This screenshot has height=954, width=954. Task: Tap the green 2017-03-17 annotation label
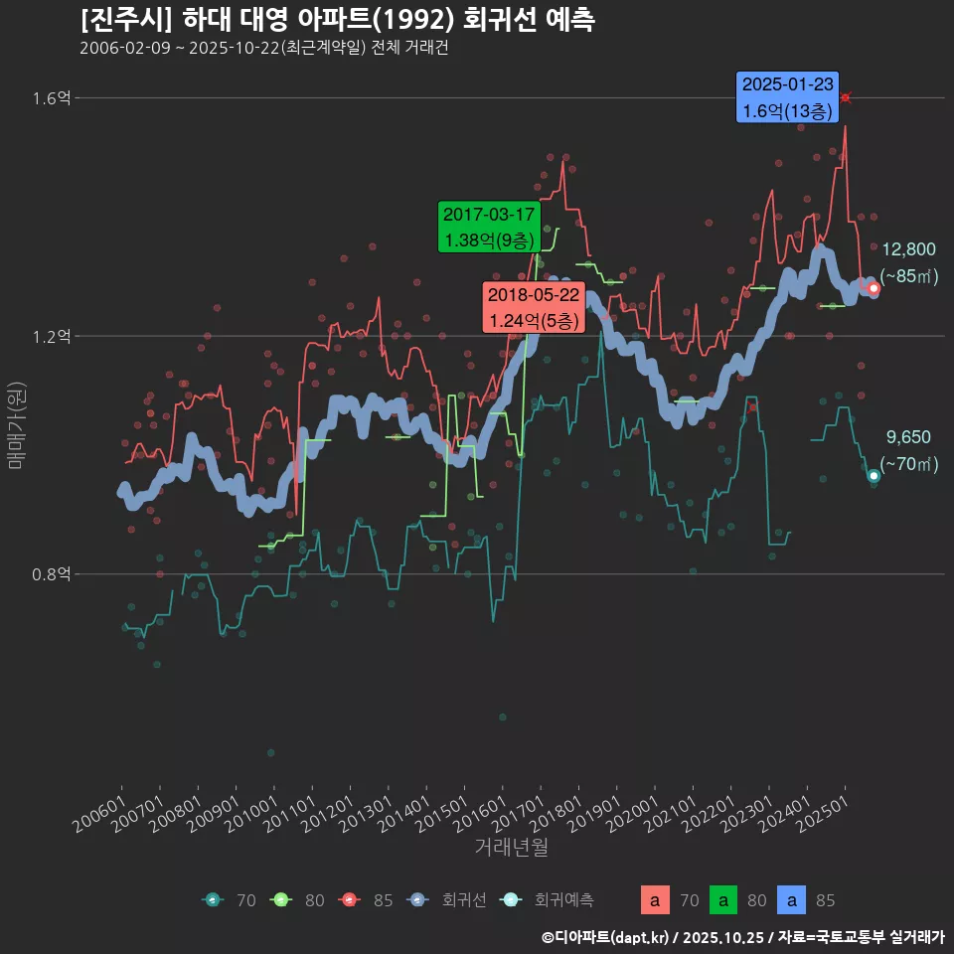[489, 228]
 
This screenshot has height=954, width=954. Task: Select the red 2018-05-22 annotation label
[533, 308]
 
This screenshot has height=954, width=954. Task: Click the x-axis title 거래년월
[512, 848]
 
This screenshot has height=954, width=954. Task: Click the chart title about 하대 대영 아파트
[337, 19]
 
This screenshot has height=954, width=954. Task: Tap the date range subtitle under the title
[263, 48]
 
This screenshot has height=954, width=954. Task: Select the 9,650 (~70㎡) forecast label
[908, 450]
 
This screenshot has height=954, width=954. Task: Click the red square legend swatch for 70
[654, 900]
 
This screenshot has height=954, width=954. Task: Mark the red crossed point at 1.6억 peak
[846, 97]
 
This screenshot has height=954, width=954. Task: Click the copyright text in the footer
[742, 937]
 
